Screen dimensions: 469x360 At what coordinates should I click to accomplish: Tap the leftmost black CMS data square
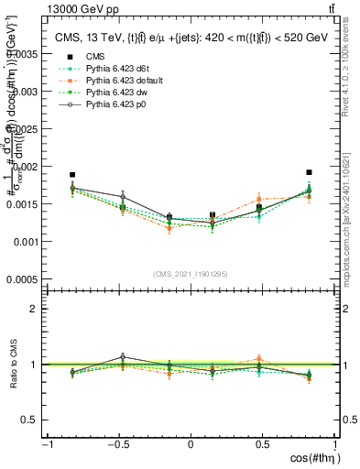tap(72, 174)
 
